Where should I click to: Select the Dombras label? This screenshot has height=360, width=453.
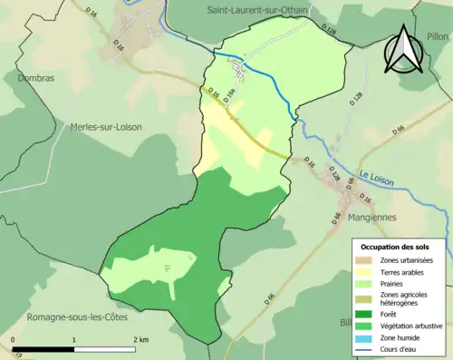(x=34, y=78)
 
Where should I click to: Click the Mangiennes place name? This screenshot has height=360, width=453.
(x=348, y=218)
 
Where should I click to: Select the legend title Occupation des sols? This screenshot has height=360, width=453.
(x=397, y=247)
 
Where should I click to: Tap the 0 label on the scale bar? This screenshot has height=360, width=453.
(x=14, y=339)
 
